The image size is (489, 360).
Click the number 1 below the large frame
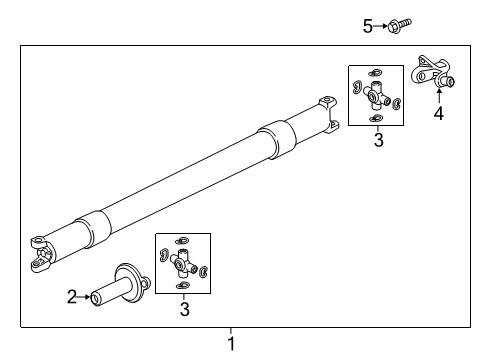pyautogui.click(x=231, y=344)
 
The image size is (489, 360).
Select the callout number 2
pyautogui.click(x=71, y=296)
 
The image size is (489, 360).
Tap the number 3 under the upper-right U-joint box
pyautogui.click(x=377, y=141)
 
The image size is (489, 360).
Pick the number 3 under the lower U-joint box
pyautogui.click(x=183, y=310)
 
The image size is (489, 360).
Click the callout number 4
pyautogui.click(x=438, y=113)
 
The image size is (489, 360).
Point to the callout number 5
pyautogui.click(x=367, y=26)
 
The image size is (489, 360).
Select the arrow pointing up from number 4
pyautogui.click(x=438, y=97)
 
